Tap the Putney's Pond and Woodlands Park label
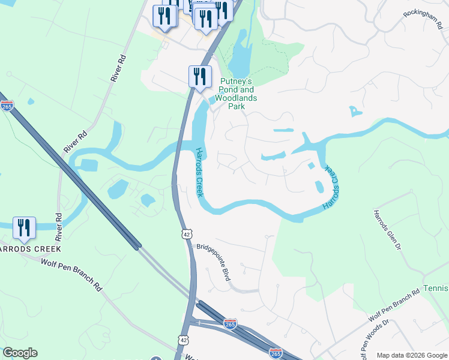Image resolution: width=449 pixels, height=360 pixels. [x=237, y=94]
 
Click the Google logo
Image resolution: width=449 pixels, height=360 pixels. [x=20, y=353]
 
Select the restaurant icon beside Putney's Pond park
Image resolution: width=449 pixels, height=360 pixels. [x=199, y=77]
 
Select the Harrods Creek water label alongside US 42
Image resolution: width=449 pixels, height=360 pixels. [x=199, y=173]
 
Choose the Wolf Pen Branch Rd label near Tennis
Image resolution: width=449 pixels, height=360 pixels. [x=394, y=305]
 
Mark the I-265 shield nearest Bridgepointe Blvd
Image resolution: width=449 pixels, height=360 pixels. [x=230, y=324]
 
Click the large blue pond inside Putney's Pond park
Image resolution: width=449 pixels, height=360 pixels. [x=238, y=54]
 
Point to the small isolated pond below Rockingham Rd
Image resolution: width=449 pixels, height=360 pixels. [x=355, y=111]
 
